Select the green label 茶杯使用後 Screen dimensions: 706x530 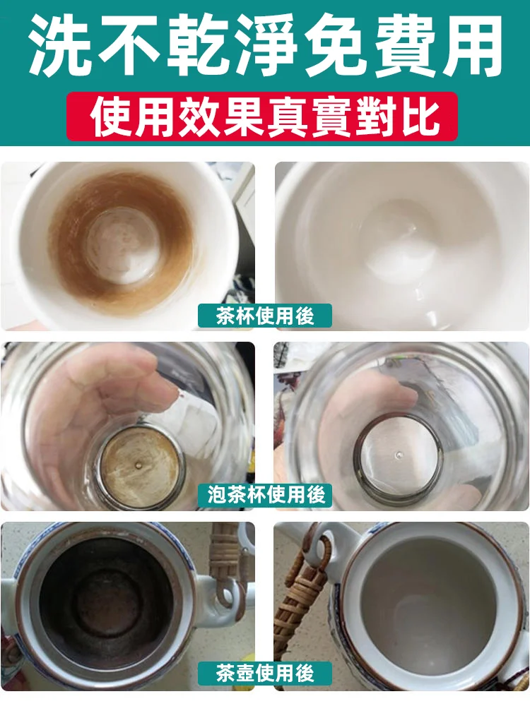pyautogui.click(x=265, y=315)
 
